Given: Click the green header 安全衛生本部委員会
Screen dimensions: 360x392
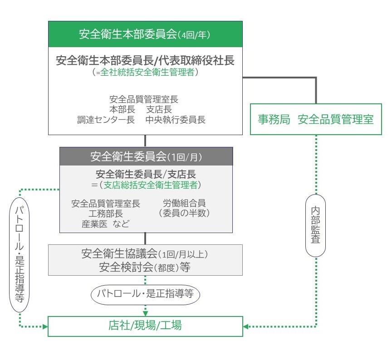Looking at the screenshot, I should pyautogui.click(x=145, y=34).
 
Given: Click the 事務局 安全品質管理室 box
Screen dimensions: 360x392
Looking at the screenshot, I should pyautogui.click(x=316, y=120).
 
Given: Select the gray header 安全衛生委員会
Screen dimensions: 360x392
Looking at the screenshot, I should pyautogui.click(x=146, y=157).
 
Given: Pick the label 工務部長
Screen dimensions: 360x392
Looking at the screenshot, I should pyautogui.click(x=106, y=213).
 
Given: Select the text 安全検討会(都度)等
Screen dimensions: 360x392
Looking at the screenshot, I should pyautogui.click(x=144, y=267).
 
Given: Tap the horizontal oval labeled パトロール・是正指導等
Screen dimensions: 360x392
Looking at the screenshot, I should pyautogui.click(x=146, y=294).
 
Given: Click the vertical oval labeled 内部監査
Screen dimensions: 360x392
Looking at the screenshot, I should pyautogui.click(x=316, y=225).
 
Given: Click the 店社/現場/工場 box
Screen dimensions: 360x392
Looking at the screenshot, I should pyautogui.click(x=145, y=326).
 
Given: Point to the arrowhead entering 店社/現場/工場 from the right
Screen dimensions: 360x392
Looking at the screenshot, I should pyautogui.click(x=246, y=326).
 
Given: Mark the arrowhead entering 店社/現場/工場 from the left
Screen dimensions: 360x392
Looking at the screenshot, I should pyautogui.click(x=45, y=326).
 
